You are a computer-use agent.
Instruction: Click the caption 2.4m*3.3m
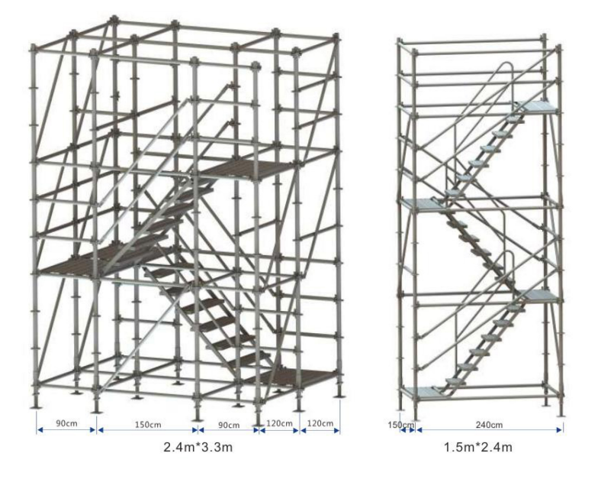tap(198, 446)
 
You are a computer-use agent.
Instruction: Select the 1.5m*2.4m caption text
tap(477, 446)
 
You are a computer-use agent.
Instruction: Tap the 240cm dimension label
tap(489, 425)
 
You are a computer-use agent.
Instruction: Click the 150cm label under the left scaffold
tap(148, 425)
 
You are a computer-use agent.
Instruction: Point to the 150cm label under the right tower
tap(400, 425)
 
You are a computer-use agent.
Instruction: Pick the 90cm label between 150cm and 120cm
tap(229, 425)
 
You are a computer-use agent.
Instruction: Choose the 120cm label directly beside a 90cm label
tap(279, 423)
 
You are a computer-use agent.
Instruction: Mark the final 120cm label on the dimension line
tap(320, 423)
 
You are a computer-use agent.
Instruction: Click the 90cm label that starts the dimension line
tap(66, 423)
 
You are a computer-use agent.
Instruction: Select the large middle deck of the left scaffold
tap(101, 261)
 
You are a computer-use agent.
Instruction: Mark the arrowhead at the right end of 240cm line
tap(560, 430)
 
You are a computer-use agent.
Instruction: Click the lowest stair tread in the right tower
tap(455, 380)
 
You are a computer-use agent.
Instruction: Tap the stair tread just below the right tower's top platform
tap(516, 118)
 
